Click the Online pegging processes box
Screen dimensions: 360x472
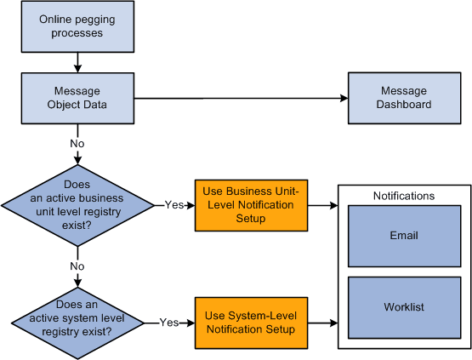click(x=78, y=26)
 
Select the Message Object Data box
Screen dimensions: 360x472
click(x=78, y=98)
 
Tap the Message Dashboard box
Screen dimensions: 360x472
click(x=405, y=98)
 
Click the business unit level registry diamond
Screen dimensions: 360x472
click(x=77, y=204)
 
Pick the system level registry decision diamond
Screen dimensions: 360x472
click(x=77, y=322)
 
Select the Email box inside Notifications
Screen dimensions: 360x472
click(x=404, y=236)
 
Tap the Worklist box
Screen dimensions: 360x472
click(x=404, y=306)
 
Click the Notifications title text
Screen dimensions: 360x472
click(x=404, y=196)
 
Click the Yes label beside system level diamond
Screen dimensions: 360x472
click(x=168, y=323)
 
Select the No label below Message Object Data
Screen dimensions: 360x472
click(x=77, y=144)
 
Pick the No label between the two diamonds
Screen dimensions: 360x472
click(x=77, y=266)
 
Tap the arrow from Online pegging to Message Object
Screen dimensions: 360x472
click(x=78, y=62)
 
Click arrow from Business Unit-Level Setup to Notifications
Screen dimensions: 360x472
click(x=321, y=205)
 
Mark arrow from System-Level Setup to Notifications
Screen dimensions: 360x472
click(x=321, y=323)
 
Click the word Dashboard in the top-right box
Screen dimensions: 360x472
click(x=406, y=105)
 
